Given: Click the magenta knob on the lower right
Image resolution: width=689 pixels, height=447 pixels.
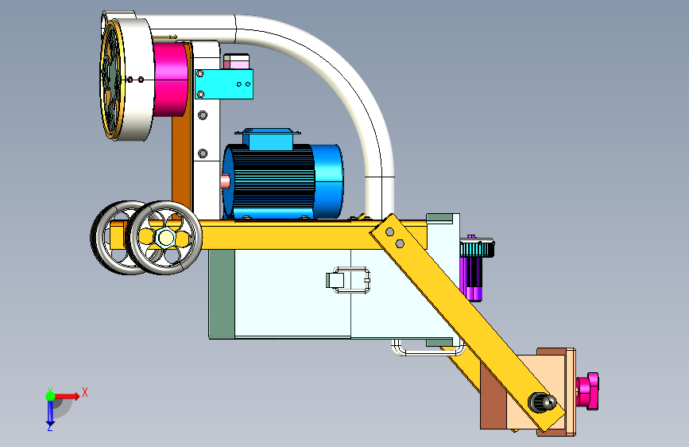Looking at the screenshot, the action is (588, 391).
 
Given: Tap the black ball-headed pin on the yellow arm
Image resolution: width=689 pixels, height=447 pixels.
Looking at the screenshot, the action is (542, 402).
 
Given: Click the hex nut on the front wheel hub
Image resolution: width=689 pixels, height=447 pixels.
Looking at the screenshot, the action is (165, 238).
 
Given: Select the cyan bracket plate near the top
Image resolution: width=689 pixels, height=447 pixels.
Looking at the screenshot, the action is (224, 84).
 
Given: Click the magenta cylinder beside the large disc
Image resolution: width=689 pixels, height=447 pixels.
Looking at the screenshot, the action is (172, 80).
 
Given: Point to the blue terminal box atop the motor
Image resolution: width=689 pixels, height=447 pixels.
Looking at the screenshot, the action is (268, 139).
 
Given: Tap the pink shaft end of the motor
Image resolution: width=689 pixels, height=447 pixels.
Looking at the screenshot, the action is (225, 181).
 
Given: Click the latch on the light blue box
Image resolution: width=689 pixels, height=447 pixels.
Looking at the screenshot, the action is (348, 280).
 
